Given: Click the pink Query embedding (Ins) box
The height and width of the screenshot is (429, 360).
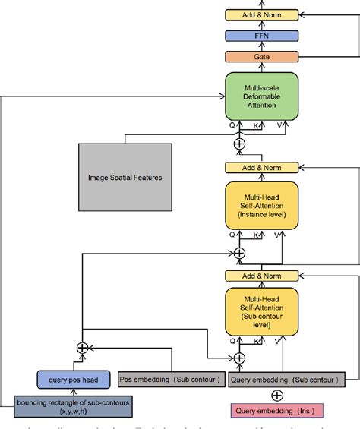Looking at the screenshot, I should (276, 412).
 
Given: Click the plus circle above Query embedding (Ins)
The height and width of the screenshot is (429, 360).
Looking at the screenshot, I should (276, 395).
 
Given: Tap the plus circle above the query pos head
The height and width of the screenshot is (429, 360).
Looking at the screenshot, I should (83, 347).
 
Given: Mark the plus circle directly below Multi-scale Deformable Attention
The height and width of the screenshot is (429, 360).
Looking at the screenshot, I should (240, 143).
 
